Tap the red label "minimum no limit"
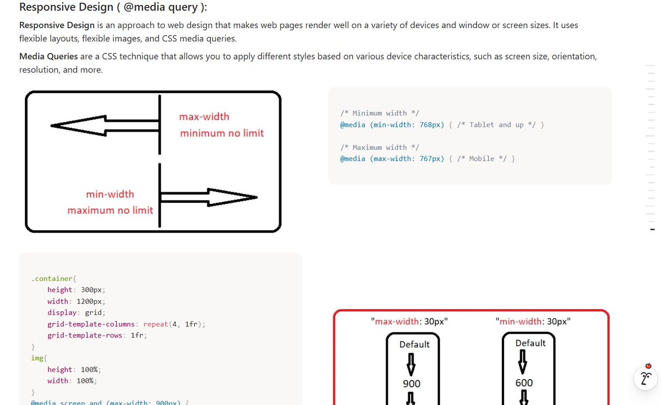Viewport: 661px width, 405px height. pyautogui.click(x=222, y=133)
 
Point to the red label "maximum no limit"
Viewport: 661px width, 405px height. pyautogui.click(x=110, y=210)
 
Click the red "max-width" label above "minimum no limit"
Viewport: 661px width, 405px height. pyautogui.click(x=204, y=117)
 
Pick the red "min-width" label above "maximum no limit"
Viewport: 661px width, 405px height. pyautogui.click(x=110, y=194)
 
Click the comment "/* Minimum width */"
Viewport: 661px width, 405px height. pyautogui.click(x=380, y=113)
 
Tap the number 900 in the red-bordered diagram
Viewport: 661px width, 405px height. pyautogui.click(x=411, y=384)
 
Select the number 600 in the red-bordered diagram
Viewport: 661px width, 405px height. pyautogui.click(x=524, y=382)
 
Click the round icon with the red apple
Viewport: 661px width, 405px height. pyautogui.click(x=647, y=377)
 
